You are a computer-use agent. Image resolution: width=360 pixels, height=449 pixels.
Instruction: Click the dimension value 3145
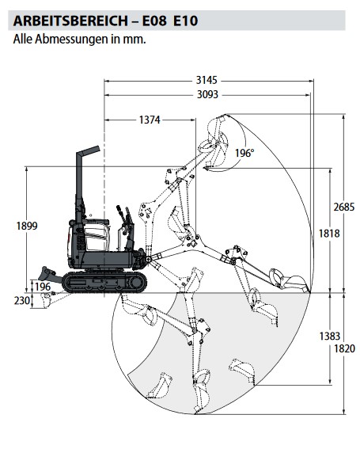tap(207, 81)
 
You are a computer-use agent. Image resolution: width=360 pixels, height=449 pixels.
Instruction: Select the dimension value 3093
tap(207, 94)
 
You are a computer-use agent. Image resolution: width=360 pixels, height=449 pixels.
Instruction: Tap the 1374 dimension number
tap(150, 120)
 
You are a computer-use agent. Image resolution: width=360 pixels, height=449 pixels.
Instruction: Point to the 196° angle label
tap(244, 153)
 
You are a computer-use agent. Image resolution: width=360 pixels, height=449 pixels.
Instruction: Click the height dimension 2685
tap(344, 207)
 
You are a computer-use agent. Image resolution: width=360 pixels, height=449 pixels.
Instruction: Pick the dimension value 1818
tap(329, 234)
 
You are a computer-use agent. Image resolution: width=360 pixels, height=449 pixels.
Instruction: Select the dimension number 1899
tap(27, 226)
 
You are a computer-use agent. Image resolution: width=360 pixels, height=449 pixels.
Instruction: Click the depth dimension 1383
tap(330, 336)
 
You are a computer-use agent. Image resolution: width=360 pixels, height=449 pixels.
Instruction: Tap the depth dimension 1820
tap(344, 348)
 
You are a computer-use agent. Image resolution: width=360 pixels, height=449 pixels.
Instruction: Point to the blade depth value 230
tap(21, 301)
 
